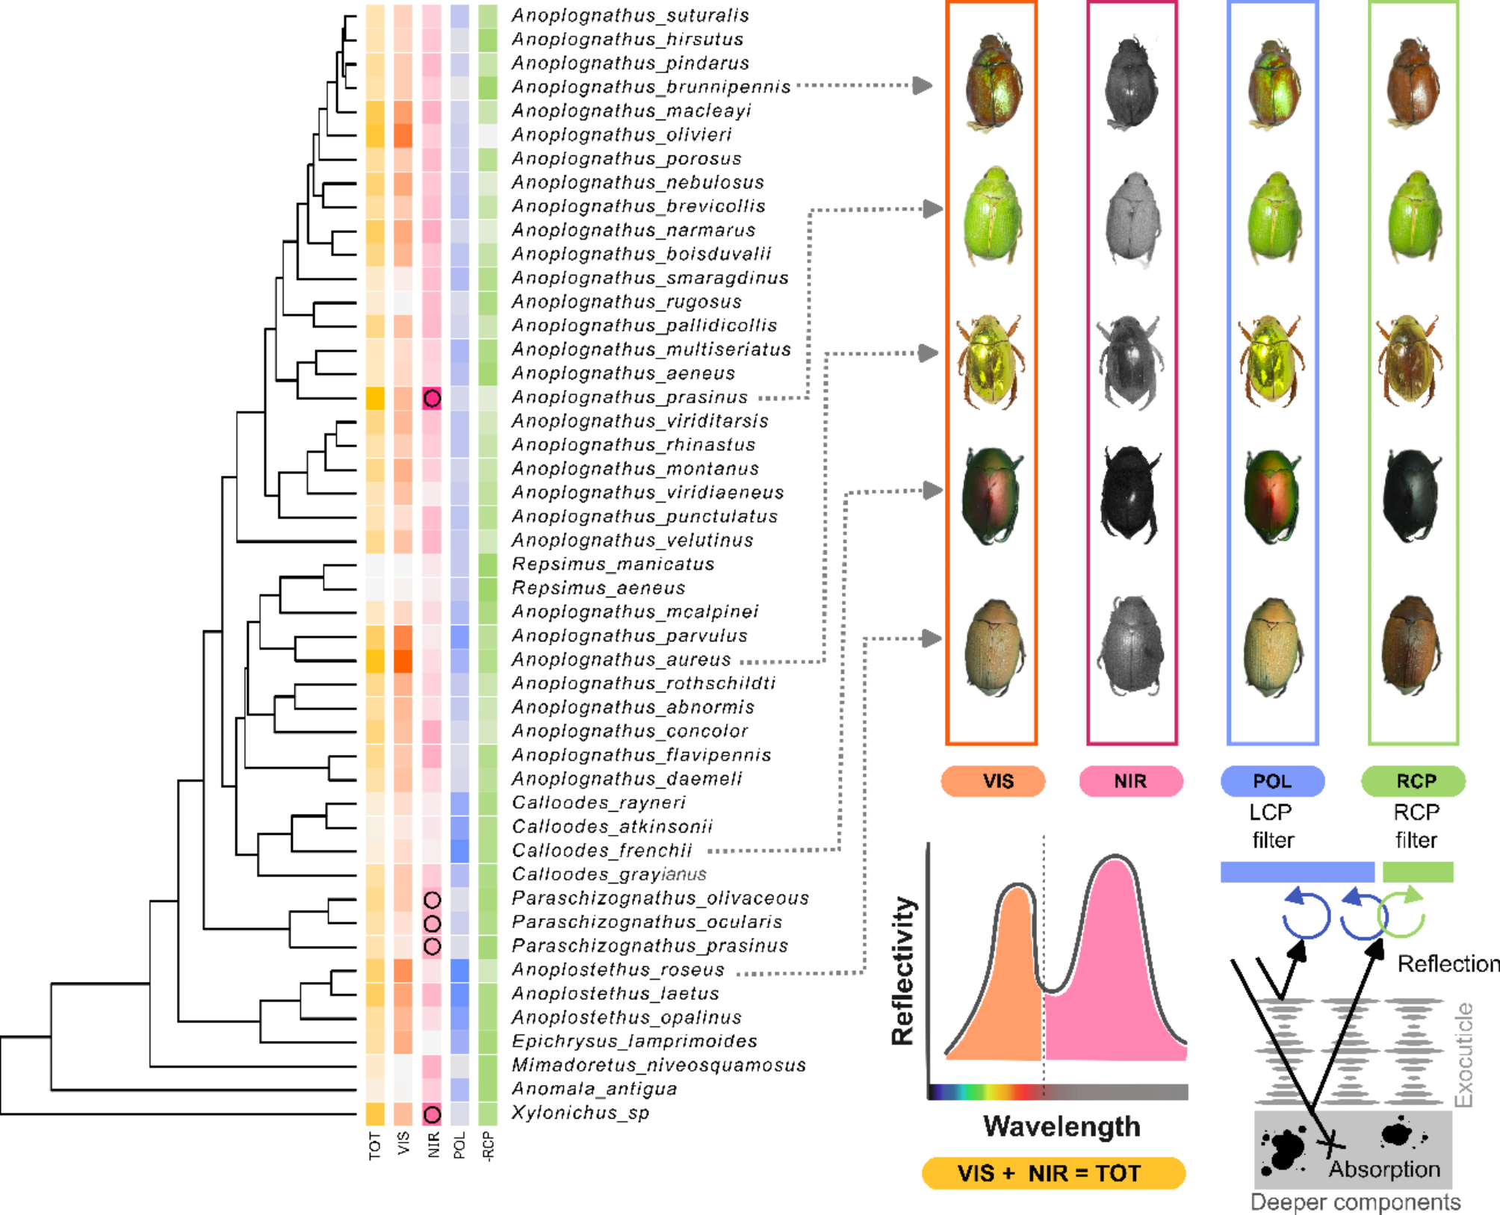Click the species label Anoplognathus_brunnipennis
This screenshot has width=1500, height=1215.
(x=650, y=87)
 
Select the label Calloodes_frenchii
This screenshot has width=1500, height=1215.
(x=602, y=851)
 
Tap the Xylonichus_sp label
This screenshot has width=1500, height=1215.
(x=580, y=1113)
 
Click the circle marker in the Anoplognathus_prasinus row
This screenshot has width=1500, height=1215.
(x=432, y=398)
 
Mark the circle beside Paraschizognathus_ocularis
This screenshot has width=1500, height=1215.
(x=432, y=924)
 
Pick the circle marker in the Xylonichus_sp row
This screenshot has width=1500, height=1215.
(x=432, y=1114)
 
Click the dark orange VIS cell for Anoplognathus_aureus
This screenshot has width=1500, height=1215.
(x=403, y=661)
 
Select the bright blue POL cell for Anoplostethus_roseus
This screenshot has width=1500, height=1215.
(x=460, y=970)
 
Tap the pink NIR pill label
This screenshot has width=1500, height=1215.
(x=1130, y=781)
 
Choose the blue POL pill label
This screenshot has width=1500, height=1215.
(x=1272, y=781)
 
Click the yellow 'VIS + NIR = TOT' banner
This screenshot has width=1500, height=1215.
(x=1053, y=1173)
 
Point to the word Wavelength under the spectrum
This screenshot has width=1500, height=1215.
(x=1062, y=1126)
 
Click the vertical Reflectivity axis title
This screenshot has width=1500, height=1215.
(x=903, y=970)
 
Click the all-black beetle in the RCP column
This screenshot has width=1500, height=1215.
(x=1411, y=495)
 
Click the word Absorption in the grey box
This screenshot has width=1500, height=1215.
(x=1383, y=1169)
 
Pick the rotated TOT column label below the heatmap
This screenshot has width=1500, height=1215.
(x=375, y=1146)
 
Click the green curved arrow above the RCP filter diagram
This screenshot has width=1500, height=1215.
(x=1403, y=915)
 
